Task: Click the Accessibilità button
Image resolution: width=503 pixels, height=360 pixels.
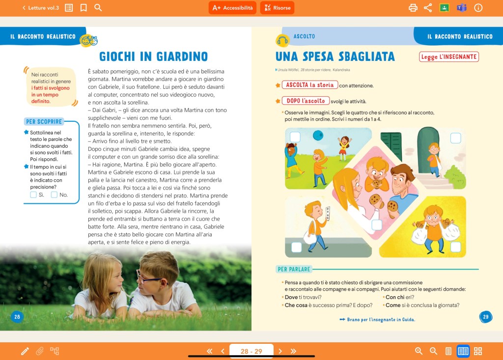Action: tap(233, 8)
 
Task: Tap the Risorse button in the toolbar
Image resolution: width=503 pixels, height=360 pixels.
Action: tap(277, 8)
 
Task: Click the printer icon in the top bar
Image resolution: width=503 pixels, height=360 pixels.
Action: tap(413, 8)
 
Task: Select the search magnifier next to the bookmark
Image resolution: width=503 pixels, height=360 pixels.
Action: tap(98, 8)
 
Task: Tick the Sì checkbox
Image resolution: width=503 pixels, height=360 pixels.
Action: tap(33, 194)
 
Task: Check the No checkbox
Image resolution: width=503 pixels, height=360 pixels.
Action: tap(54, 194)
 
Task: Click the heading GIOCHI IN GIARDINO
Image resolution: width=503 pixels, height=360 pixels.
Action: tap(153, 56)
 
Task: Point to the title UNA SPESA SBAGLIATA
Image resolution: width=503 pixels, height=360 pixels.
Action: tap(335, 56)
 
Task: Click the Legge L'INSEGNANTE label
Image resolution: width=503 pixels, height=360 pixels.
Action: tap(449, 57)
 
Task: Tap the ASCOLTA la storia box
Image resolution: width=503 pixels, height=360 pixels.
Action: tap(310, 85)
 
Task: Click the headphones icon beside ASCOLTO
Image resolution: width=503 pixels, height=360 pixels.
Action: tap(282, 40)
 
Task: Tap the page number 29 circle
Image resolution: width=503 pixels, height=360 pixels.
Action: tap(485, 317)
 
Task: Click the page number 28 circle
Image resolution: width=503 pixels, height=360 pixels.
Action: tap(17, 317)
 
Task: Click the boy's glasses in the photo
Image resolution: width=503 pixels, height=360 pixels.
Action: tap(148, 278)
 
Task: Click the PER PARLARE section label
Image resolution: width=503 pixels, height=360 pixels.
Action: tap(293, 269)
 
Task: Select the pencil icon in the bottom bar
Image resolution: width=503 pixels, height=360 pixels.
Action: tap(25, 351)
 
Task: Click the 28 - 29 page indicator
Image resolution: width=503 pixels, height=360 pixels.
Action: tap(251, 351)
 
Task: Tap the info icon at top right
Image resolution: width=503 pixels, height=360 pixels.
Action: tap(478, 8)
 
